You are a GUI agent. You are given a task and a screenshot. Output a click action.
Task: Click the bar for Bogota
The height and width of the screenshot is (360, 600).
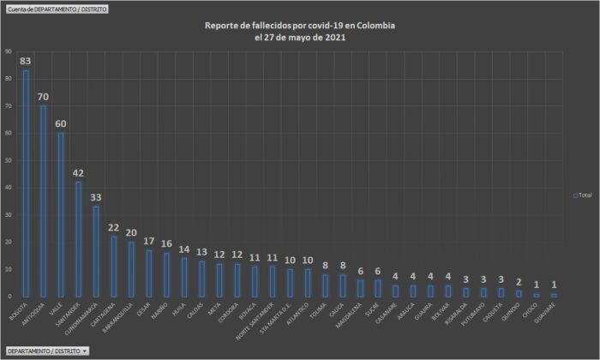click(x=25, y=183)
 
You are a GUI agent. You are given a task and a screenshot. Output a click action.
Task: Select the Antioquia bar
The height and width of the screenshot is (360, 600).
click(x=43, y=201)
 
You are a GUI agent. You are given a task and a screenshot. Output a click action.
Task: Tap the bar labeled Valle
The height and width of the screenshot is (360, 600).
click(x=61, y=214)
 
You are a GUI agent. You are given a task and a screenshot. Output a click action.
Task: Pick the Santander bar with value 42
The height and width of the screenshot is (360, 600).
click(x=79, y=239)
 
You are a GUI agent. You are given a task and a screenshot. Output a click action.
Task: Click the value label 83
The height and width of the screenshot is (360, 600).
click(x=25, y=62)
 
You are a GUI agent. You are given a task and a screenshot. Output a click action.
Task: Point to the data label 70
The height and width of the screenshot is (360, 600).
click(x=43, y=98)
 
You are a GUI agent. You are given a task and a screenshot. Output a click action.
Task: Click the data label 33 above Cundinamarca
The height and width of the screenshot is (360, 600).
click(x=97, y=197)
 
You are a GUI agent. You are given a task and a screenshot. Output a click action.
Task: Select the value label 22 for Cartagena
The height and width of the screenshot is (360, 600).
click(x=115, y=227)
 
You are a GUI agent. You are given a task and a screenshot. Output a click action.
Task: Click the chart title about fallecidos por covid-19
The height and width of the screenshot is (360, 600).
click(x=300, y=32)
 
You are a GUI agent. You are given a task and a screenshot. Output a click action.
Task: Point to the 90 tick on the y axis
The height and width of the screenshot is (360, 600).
click(x=8, y=52)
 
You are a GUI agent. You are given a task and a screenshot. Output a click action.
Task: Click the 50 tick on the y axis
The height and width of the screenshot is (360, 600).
click(x=8, y=160)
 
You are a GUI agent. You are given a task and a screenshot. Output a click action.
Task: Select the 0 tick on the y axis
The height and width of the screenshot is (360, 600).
click(x=9, y=296)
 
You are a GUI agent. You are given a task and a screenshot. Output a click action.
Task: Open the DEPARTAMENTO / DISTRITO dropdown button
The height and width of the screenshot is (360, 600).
click(x=48, y=351)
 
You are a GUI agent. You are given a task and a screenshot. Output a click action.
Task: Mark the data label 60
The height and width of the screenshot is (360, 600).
click(x=61, y=124)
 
